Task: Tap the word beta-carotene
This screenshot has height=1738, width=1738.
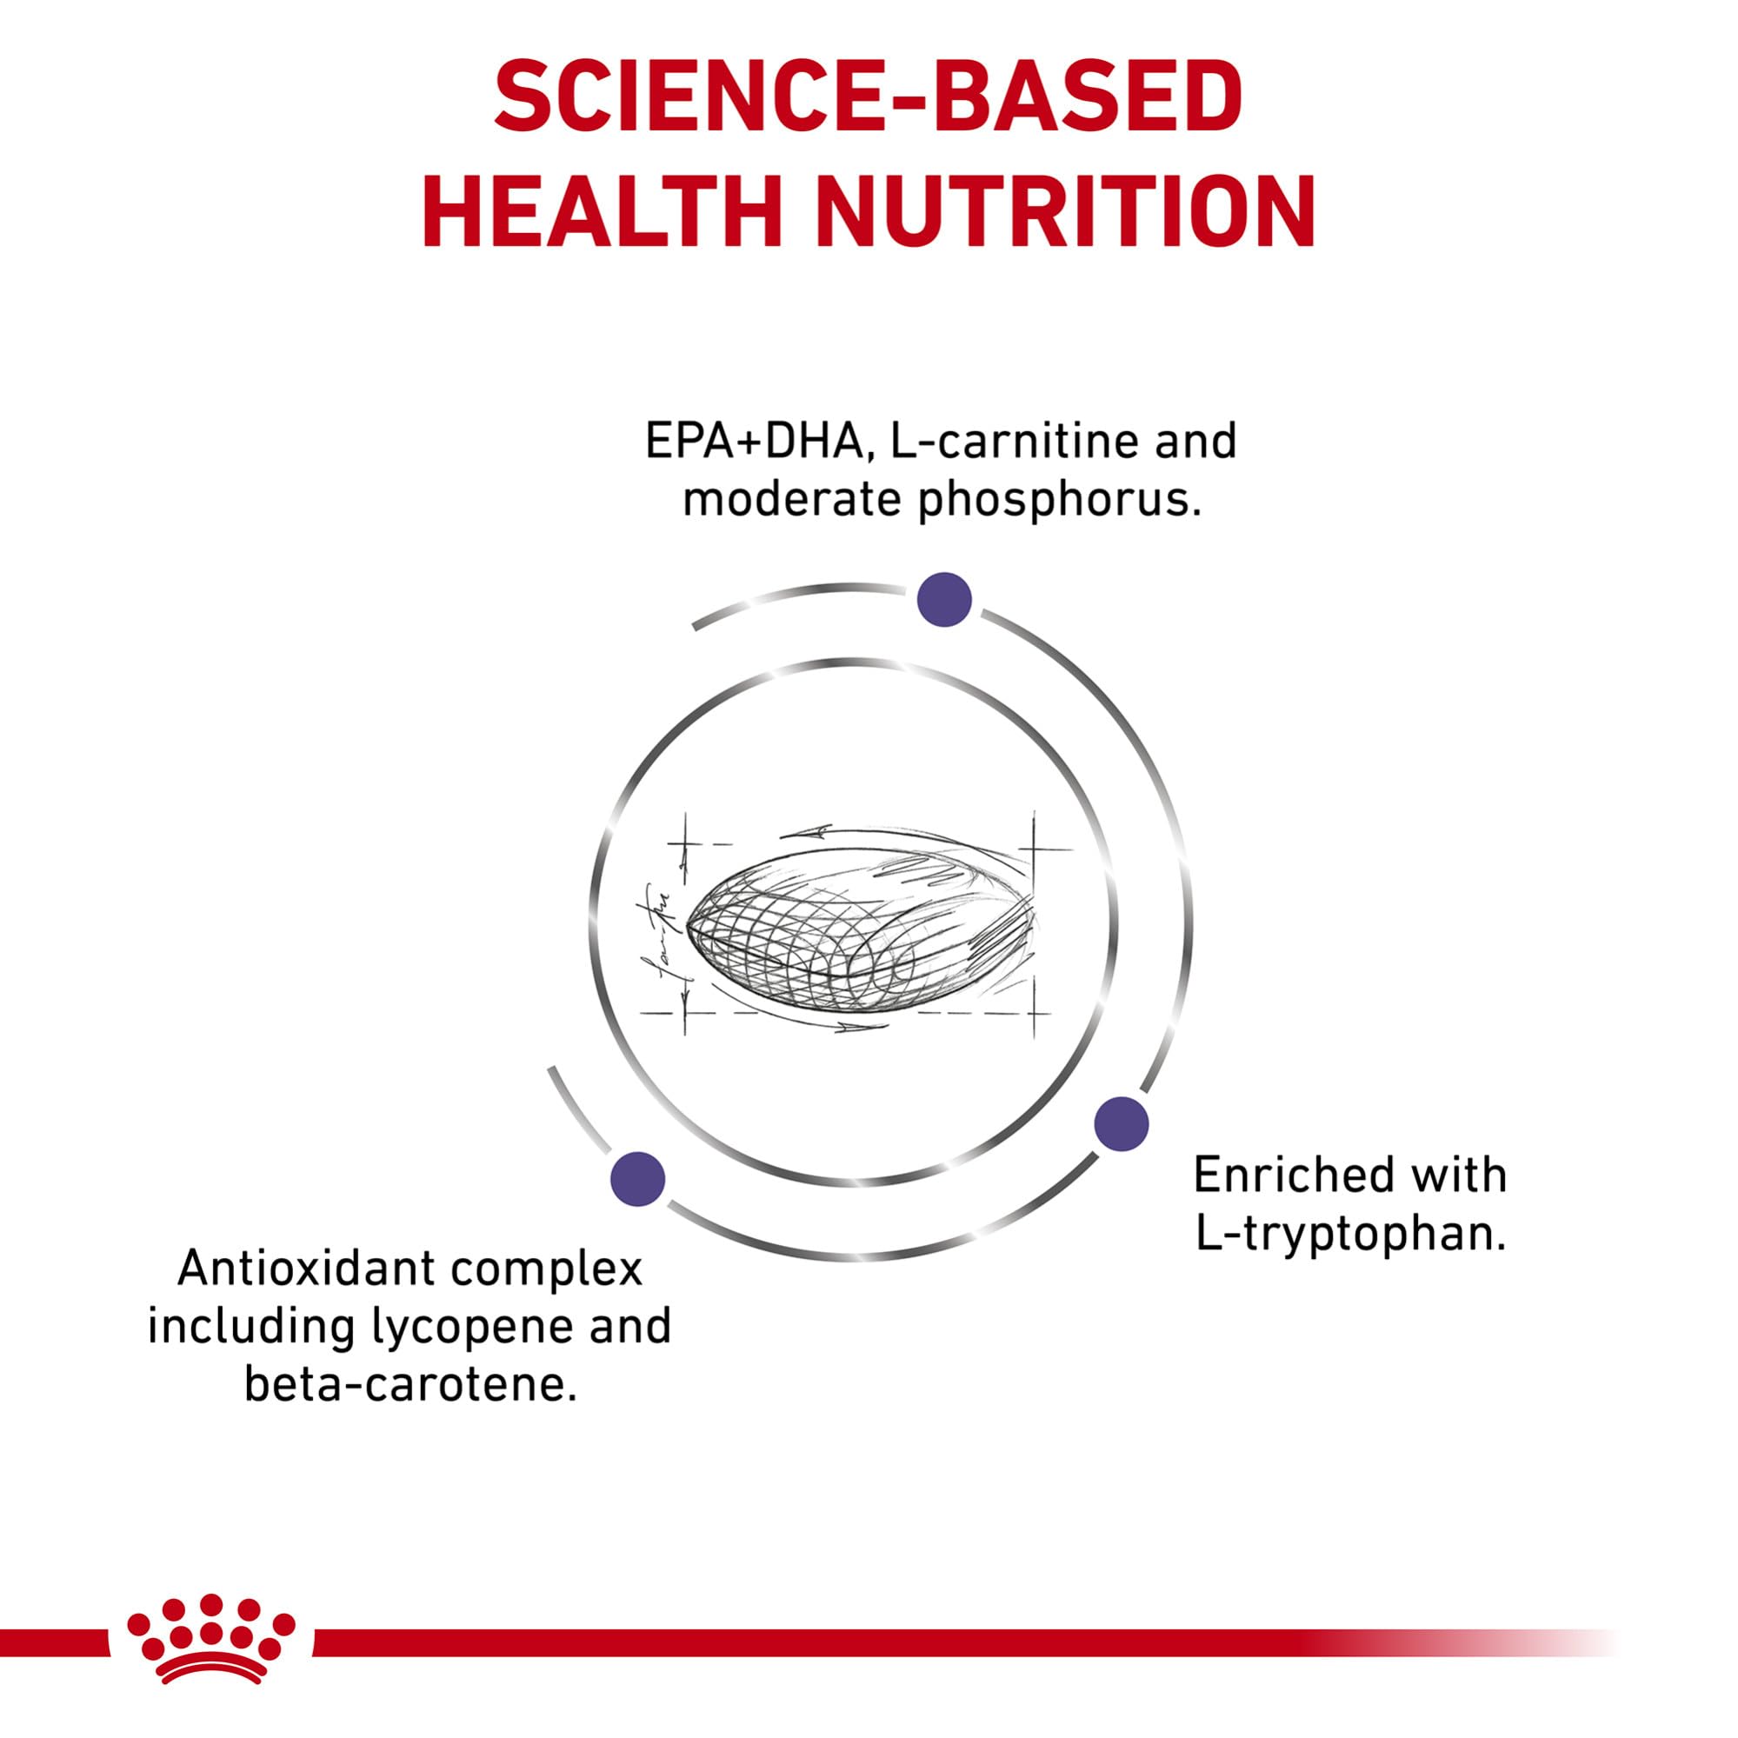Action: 410,1384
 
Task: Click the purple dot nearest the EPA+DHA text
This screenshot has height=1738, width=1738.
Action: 944,599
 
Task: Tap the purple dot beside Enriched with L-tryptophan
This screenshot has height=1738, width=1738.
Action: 1121,1123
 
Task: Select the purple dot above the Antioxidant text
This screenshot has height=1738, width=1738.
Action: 638,1178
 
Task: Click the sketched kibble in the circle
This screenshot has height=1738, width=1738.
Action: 859,936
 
